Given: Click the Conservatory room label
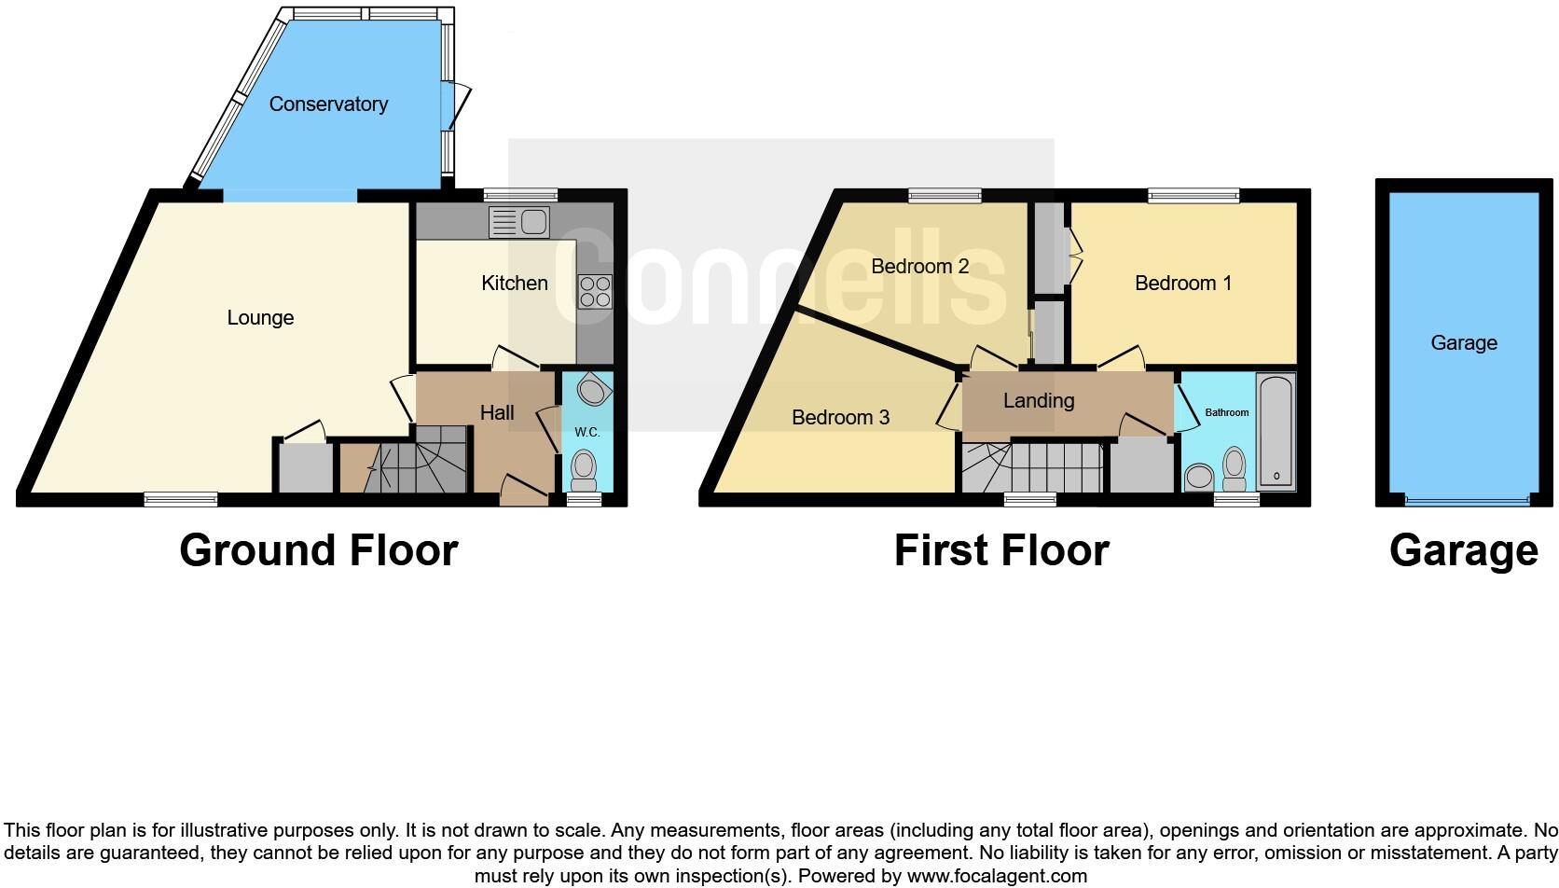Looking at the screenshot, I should click(328, 104).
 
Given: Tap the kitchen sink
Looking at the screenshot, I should click(519, 223).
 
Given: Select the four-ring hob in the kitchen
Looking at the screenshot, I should click(595, 292).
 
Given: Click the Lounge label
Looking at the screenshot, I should click(260, 318).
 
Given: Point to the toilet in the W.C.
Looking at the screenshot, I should click(584, 469).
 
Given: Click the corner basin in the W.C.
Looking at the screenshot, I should click(591, 390).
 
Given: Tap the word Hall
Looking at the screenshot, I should click(497, 413).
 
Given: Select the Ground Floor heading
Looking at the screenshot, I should click(318, 550).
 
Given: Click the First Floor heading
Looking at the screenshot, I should click(1000, 550).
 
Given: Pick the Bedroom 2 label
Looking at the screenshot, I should click(919, 267).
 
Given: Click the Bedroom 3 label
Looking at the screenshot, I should click(840, 418).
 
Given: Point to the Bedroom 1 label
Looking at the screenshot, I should click(1182, 284).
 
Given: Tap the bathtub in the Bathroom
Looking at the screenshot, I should click(1276, 432).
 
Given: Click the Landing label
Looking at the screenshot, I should click(1038, 401).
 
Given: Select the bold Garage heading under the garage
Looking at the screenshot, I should click(1462, 550).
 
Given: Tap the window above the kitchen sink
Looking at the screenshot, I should click(520, 196).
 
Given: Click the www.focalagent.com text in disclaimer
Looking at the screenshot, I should click(996, 876).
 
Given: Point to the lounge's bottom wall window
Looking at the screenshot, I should click(181, 500).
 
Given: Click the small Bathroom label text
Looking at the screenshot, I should click(1226, 412).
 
